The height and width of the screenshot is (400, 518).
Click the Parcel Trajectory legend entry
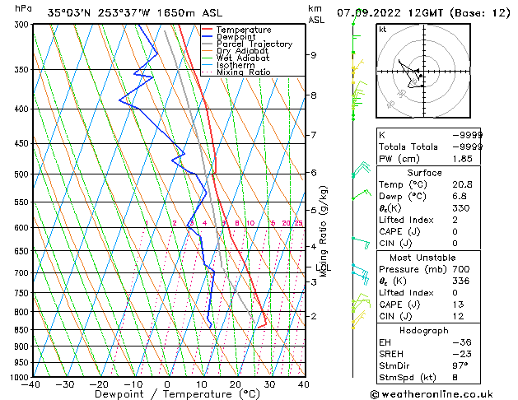(x=254, y=44)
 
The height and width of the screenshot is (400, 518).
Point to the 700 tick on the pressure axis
(x=21, y=272)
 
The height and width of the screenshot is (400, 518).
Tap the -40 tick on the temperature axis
(x=31, y=384)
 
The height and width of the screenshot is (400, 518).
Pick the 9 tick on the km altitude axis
(x=314, y=55)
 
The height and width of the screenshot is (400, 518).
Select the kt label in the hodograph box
(x=382, y=29)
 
